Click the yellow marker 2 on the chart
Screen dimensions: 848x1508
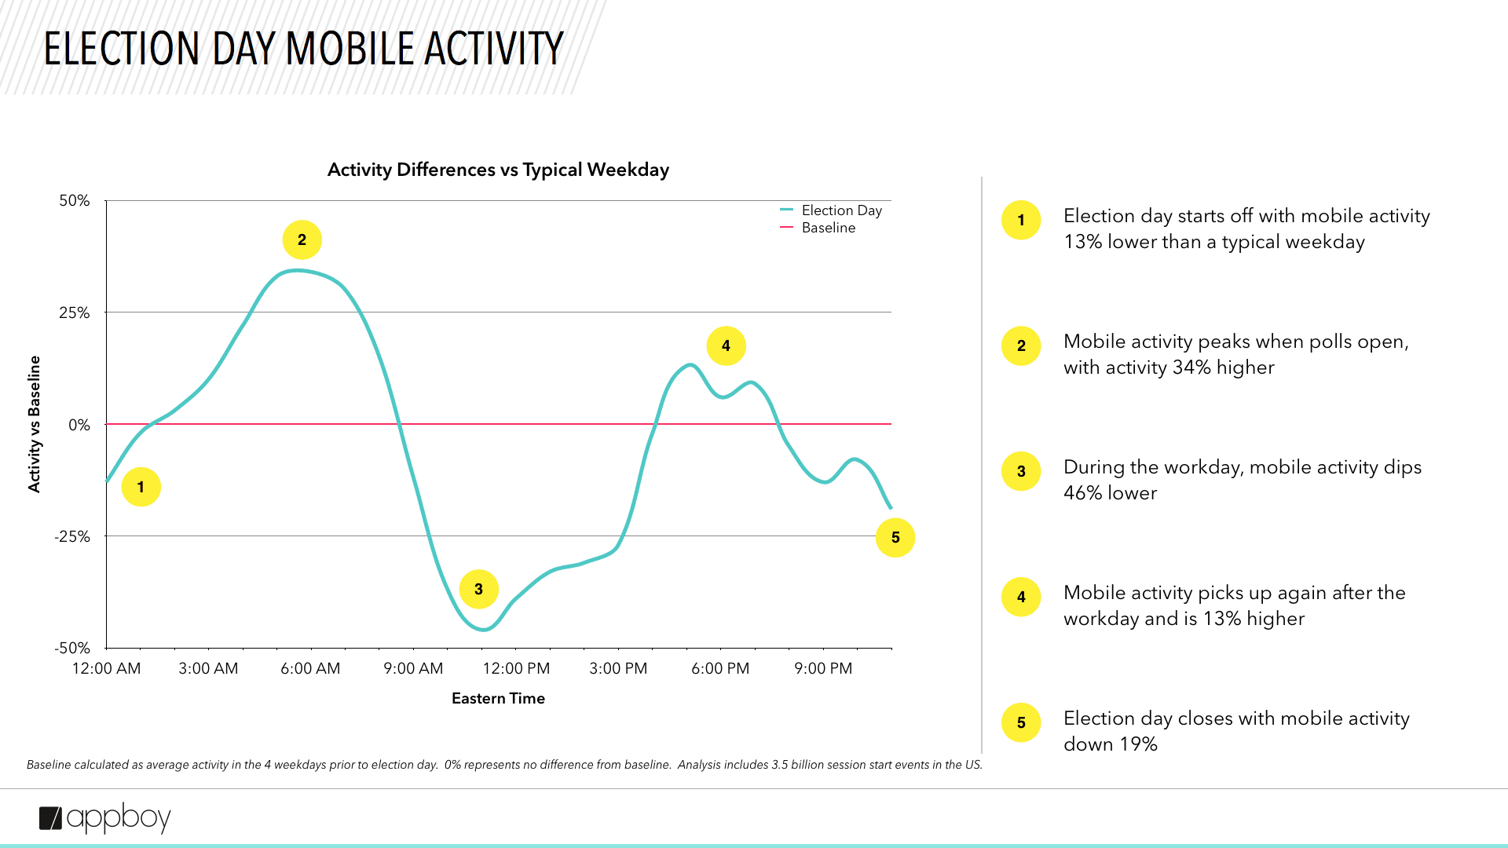(x=302, y=240)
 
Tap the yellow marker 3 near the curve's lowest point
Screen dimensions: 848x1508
(x=478, y=589)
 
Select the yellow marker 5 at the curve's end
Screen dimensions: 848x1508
(x=895, y=538)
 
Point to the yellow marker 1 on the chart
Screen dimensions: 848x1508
(x=141, y=487)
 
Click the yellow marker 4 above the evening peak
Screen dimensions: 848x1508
(x=726, y=346)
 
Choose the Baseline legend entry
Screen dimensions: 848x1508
(x=828, y=228)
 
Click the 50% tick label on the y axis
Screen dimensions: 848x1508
(x=75, y=201)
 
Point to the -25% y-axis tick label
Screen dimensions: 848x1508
(x=72, y=537)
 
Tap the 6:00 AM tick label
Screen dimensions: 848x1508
(x=310, y=669)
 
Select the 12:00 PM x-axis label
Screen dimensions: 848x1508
(x=516, y=669)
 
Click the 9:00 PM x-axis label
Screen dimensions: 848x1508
(x=823, y=669)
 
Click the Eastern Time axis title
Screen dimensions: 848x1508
(x=498, y=699)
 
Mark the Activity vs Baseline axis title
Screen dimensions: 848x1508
(x=35, y=424)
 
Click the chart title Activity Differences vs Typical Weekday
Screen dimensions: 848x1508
(x=498, y=170)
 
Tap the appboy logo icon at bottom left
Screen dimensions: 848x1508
(x=50, y=818)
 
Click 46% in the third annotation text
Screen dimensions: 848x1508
(x=1083, y=493)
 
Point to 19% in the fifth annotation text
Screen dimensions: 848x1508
(x=1138, y=744)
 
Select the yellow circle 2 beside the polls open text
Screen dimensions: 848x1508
(x=1021, y=346)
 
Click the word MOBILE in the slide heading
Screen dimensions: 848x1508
(x=350, y=49)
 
